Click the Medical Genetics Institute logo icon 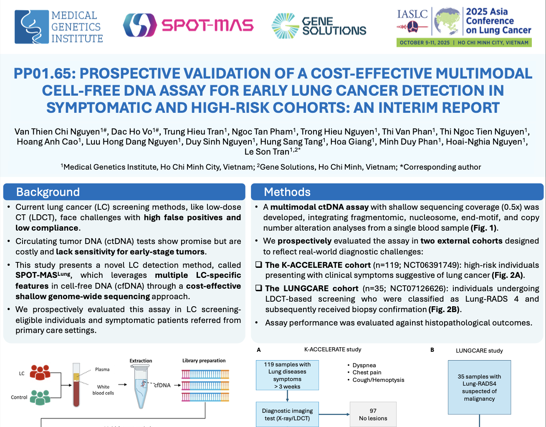32,27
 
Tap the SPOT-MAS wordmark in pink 207,25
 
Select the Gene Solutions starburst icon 285,26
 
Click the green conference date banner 464,43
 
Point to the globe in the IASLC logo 447,21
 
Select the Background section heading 48,192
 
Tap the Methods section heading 287,192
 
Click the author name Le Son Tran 267,152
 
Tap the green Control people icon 40,398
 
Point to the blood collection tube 76,385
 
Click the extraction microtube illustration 141,386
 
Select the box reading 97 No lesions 373,414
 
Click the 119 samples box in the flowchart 287,375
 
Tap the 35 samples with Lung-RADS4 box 479,387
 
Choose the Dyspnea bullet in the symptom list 362,365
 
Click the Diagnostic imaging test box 287,414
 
